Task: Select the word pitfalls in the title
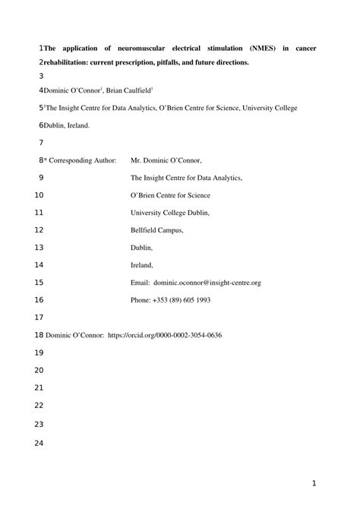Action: tap(192, 62)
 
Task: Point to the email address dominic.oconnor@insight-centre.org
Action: tap(207, 283)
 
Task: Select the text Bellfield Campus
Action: tap(157, 229)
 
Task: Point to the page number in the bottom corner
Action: tap(314, 482)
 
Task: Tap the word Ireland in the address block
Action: tap(142, 265)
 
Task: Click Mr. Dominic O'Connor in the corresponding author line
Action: tap(167, 160)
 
